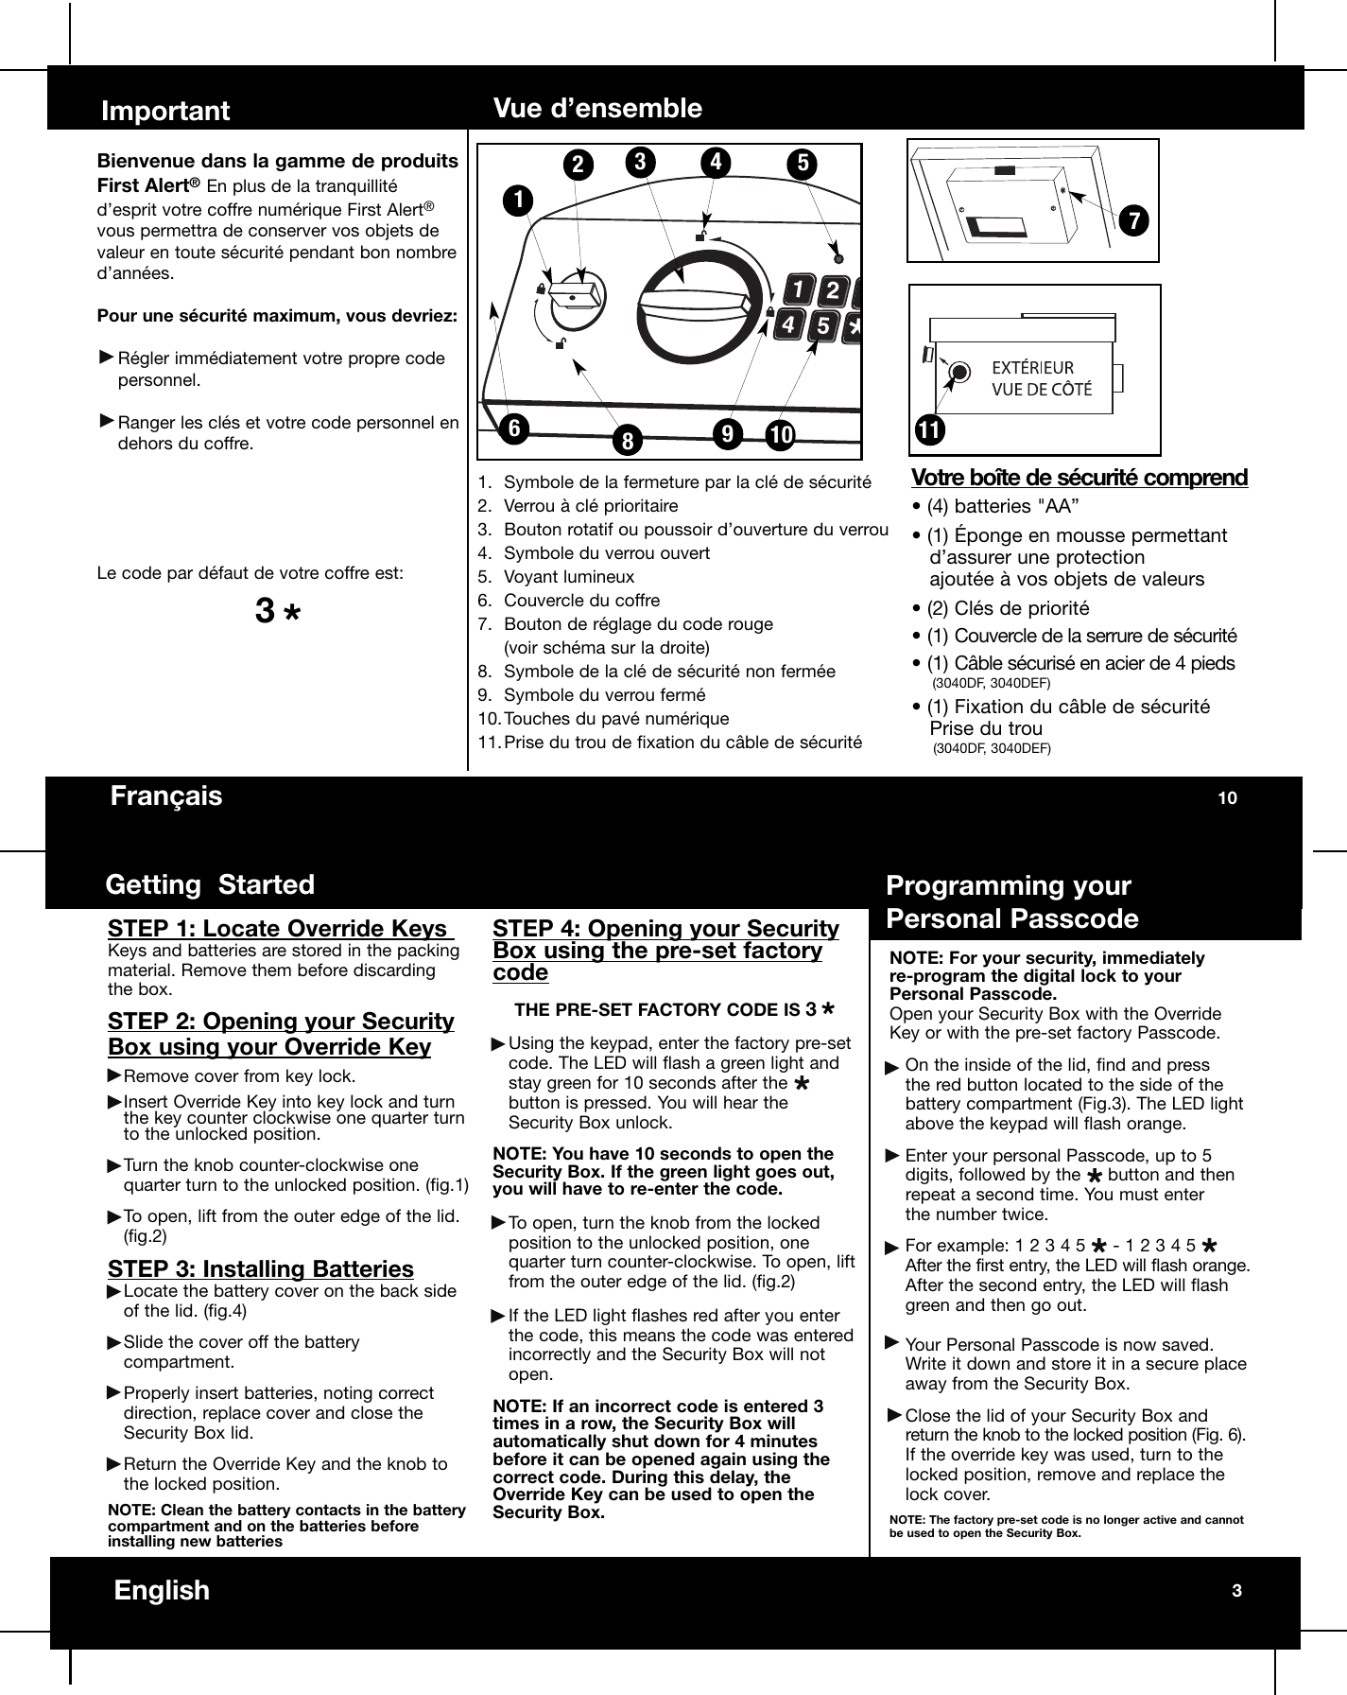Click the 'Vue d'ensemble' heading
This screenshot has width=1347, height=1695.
coord(597,108)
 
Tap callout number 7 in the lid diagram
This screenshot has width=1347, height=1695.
coord(1132,219)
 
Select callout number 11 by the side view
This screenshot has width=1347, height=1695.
coord(930,430)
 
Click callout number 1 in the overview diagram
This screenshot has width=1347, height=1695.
coord(518,200)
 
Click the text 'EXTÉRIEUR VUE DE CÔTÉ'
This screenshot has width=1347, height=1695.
coord(1040,378)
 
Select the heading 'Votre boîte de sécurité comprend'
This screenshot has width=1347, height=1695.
coord(1079,478)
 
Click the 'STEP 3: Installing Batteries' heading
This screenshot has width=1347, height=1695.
coord(261,1269)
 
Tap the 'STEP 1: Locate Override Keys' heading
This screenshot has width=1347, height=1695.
coord(280,928)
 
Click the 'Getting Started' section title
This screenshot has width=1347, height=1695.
coord(210,884)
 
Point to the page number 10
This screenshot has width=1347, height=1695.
coord(1226,798)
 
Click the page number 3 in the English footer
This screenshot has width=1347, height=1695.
coord(1235,1590)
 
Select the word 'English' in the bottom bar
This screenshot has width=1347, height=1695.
coord(162,1590)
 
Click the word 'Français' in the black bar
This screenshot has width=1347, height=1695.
coord(166,795)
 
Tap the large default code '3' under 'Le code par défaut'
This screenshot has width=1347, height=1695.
coord(266,612)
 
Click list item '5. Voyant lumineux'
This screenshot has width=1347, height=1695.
coord(556,577)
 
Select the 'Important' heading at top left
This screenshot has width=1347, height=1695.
coord(165,111)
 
